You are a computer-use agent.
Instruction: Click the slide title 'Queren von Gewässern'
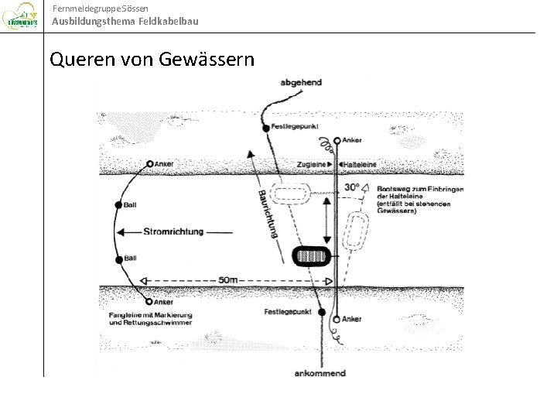(151, 59)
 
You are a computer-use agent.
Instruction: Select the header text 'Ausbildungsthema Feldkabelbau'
(125, 21)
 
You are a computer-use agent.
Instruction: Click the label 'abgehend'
(302, 83)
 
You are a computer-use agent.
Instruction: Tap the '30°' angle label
(353, 187)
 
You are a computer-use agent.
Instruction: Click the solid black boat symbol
(312, 255)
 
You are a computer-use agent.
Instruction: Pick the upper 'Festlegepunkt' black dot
(266, 127)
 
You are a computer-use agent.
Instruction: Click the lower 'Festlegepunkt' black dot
(322, 312)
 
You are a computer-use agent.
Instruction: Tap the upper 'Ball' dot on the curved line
(118, 205)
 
